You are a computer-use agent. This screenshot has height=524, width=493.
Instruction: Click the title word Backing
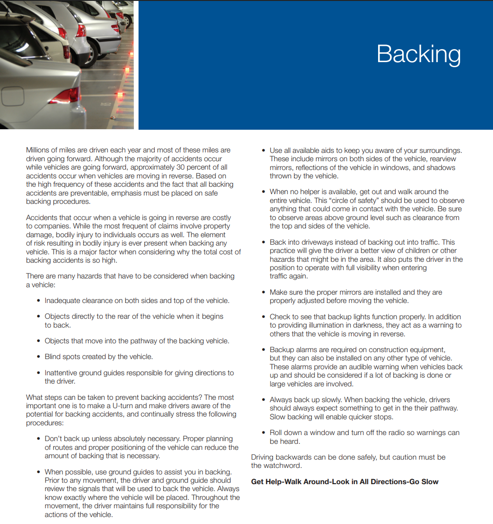[418, 54]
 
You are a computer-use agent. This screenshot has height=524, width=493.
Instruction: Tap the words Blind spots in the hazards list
[63, 357]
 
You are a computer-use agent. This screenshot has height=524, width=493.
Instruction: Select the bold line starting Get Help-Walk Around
[344, 482]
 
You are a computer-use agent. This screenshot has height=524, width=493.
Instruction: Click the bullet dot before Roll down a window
[263, 433]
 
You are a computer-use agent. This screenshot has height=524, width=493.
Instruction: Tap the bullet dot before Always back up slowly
[263, 400]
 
